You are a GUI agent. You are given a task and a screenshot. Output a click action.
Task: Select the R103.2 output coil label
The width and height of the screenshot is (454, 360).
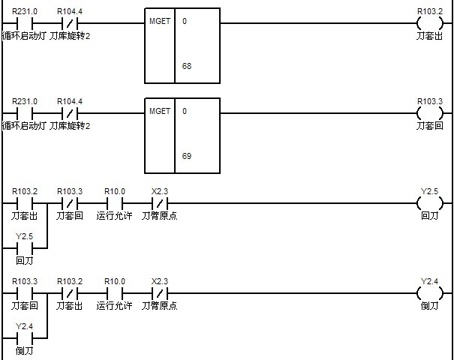[430, 12]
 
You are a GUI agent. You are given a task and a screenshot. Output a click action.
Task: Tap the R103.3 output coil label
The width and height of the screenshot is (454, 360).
[430, 102]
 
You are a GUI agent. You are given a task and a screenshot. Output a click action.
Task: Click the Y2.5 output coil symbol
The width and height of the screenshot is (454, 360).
[430, 203]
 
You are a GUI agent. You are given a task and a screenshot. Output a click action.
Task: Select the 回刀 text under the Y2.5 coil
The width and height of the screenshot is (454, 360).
[430, 216]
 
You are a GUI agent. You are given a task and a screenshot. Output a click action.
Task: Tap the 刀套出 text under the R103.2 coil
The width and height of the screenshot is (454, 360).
[430, 35]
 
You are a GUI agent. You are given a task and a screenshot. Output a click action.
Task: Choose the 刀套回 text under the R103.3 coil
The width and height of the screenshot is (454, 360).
[430, 125]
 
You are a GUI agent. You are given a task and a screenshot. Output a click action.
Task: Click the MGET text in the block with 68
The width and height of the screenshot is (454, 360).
[160, 21]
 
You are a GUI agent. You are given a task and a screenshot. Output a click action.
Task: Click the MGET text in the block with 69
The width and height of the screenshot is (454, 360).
[160, 111]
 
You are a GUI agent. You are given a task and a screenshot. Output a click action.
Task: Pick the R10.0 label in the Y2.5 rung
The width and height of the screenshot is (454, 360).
[114, 192]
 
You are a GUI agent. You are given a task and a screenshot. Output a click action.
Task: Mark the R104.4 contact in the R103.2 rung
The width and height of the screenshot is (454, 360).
[70, 24]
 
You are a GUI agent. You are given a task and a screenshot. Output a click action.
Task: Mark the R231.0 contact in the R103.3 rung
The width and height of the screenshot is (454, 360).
[25, 114]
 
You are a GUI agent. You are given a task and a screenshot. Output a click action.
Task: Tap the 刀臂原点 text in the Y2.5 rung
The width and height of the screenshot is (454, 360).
[159, 216]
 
